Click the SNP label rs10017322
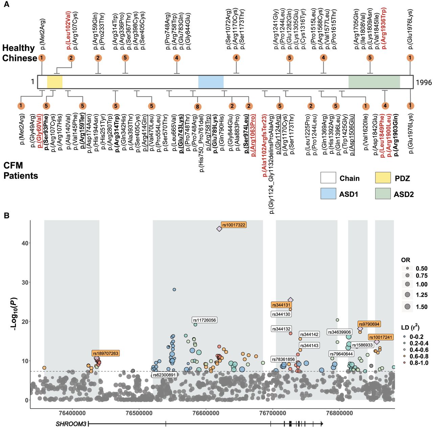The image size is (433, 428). [233, 225]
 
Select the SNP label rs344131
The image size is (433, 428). [281, 305]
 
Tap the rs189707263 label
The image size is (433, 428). [106, 353]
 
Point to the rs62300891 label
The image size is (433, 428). [164, 375]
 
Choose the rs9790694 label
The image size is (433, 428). [369, 324]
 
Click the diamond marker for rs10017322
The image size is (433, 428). [219, 229]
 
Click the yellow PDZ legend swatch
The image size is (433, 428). [383, 178]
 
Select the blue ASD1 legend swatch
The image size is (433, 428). [328, 194]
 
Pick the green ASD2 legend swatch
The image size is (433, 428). [383, 194]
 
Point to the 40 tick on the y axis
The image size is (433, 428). [25, 243]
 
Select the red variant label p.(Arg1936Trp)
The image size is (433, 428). [384, 28]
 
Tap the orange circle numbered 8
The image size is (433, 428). [197, 107]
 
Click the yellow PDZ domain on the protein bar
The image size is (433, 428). [54, 82]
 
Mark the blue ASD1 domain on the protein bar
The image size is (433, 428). [211, 82]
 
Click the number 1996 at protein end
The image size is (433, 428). [424, 82]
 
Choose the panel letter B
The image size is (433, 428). [7, 215]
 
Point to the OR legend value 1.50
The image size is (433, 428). [421, 307]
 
